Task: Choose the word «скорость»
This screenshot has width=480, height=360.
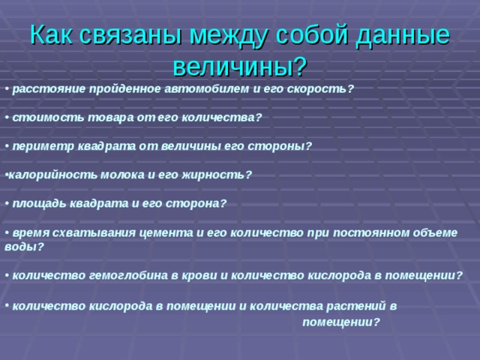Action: pos(319,88)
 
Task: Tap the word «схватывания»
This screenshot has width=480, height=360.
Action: pos(79,232)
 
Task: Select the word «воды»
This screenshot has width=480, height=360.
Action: pos(19,245)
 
